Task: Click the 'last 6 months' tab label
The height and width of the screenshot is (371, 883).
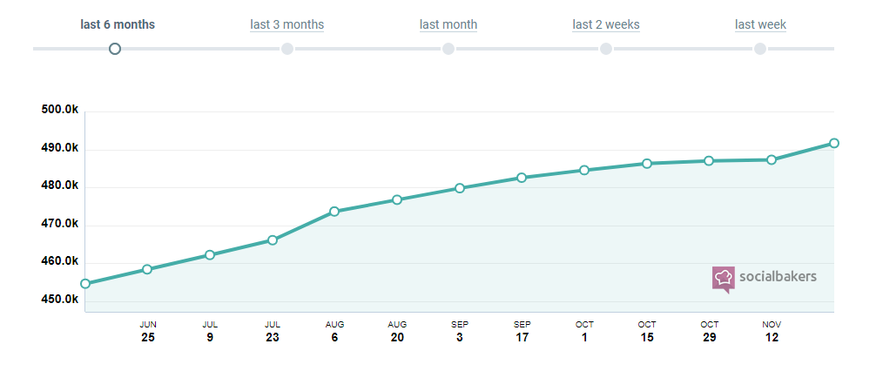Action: click(118, 24)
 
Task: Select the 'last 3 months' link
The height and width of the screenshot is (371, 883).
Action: click(286, 24)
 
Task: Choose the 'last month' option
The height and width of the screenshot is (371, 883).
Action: click(448, 24)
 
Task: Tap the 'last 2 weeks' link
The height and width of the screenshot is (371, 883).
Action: click(606, 24)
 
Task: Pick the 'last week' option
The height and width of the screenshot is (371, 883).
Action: click(760, 24)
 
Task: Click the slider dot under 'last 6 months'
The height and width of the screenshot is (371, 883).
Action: click(115, 49)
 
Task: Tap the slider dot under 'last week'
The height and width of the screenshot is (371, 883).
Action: click(760, 49)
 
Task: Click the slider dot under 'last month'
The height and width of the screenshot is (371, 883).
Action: click(448, 49)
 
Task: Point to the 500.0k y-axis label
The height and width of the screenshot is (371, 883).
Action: click(60, 110)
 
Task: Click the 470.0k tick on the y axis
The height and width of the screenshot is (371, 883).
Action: click(60, 224)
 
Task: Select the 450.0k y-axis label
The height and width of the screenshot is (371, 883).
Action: click(60, 300)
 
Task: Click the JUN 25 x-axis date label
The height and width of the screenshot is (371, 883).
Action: click(148, 331)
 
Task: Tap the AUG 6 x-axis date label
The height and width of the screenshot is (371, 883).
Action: click(334, 331)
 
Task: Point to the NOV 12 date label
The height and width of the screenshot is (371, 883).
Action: click(772, 331)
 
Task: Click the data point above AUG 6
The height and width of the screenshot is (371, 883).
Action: click(334, 211)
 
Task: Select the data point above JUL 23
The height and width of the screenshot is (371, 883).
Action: click(273, 239)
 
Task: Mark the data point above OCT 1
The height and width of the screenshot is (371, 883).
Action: click(584, 170)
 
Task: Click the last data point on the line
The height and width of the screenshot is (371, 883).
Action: click(833, 143)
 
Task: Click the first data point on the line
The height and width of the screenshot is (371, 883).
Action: click(85, 283)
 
